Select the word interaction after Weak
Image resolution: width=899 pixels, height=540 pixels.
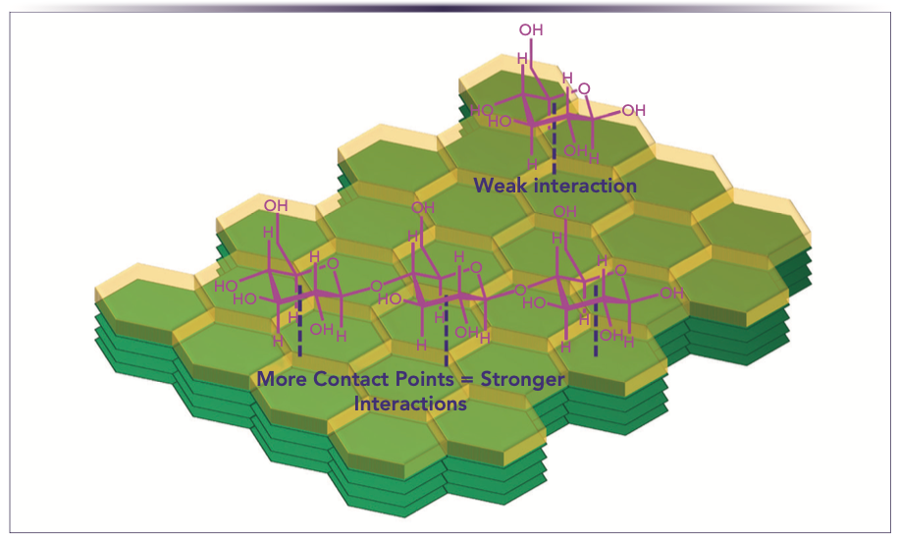coord(584,186)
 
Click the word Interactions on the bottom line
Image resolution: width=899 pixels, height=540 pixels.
coord(409,404)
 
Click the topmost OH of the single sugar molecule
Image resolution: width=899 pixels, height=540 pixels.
coord(531,30)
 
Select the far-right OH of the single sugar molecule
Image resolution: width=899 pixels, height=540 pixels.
coord(634,110)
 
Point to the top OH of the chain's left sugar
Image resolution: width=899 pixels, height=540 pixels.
coord(276,205)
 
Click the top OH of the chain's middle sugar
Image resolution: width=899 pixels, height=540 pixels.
coord(423,207)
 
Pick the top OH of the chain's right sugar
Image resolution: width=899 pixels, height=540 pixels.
coord(566,210)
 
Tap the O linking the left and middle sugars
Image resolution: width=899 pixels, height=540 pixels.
coord(376,288)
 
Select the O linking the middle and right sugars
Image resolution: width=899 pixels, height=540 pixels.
coord(520,289)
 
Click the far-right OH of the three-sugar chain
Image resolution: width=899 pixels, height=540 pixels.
coord(671,293)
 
